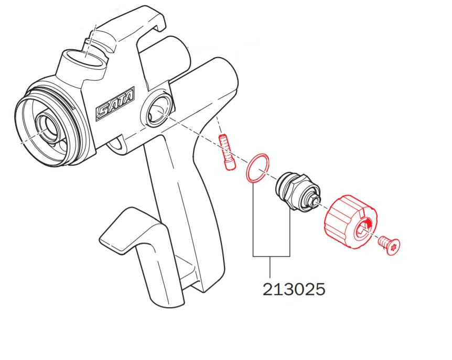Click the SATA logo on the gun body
115,104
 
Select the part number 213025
294,289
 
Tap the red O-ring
257,169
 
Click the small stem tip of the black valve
316,201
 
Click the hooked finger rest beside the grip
131,231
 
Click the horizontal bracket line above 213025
271,256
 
